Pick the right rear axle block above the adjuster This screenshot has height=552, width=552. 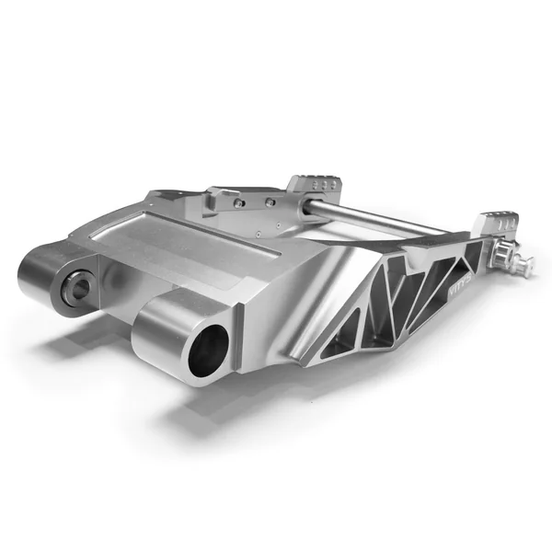point(495,223)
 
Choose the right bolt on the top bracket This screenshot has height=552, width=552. point(270,201)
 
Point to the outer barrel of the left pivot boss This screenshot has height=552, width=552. point(41,276)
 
